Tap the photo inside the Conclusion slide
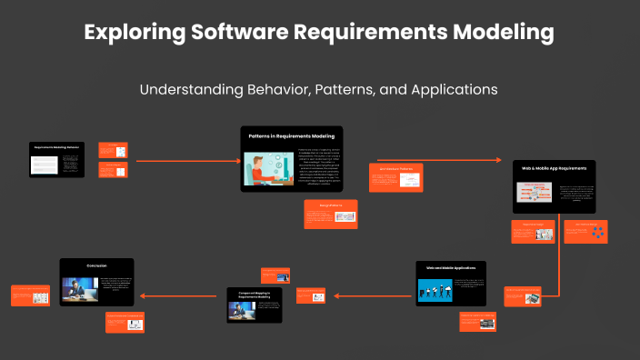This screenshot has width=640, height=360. pos(79,288)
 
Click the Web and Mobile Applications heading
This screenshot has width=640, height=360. pos(449,268)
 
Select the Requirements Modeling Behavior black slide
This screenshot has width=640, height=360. pos(56,158)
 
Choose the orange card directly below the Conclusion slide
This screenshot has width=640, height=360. pos(124,321)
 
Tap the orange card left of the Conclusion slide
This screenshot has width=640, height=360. pos(29,295)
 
